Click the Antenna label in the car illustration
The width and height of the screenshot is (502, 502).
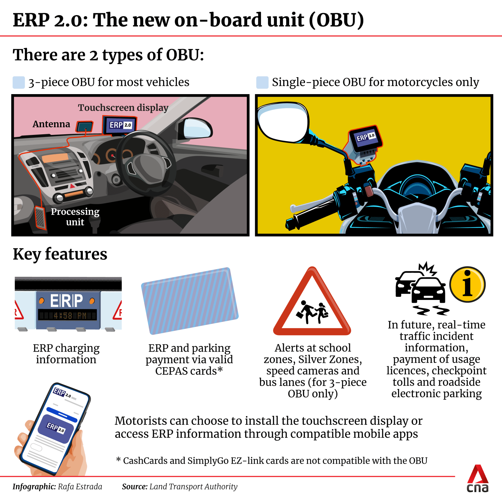51,124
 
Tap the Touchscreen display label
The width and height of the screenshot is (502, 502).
123,108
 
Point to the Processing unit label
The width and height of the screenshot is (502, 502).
75,216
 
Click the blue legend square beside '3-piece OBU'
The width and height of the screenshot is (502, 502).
19,82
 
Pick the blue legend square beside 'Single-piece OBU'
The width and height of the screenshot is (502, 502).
262,82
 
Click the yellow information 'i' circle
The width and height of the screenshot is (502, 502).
467,284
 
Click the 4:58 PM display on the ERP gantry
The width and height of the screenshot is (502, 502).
67,315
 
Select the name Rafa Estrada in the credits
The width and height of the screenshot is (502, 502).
80,487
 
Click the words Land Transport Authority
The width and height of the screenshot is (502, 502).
193,487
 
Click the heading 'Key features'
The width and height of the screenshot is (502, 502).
60,254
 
